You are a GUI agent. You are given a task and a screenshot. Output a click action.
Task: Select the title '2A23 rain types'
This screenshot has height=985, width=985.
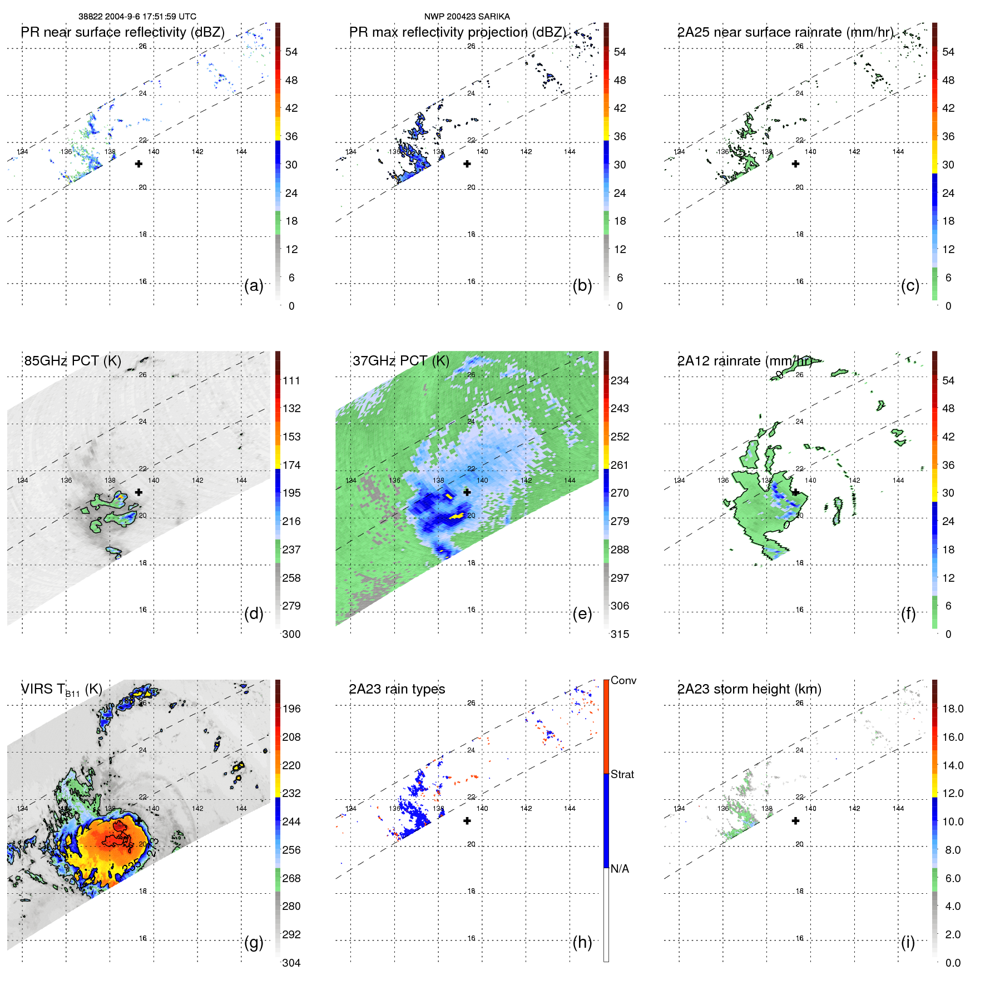(397, 689)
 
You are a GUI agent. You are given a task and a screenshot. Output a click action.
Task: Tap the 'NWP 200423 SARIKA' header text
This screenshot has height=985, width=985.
(467, 17)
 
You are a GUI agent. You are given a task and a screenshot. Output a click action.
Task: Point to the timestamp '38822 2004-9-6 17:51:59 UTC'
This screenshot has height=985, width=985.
(137, 17)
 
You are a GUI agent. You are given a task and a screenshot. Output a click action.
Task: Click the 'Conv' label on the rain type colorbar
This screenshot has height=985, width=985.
(623, 680)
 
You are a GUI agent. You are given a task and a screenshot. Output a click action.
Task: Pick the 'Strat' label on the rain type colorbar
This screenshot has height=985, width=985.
(622, 774)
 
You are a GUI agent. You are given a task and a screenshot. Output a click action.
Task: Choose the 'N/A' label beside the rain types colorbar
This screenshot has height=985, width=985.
(620, 869)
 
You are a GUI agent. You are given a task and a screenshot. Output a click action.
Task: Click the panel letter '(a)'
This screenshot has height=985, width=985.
(254, 285)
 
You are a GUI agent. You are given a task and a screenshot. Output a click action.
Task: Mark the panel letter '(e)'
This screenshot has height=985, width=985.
(582, 613)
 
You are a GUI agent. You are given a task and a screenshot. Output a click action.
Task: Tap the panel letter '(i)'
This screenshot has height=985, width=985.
(908, 942)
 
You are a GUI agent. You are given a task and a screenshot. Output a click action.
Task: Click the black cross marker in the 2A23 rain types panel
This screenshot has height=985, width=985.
(467, 820)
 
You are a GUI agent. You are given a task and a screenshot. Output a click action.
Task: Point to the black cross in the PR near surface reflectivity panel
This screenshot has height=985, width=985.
(138, 164)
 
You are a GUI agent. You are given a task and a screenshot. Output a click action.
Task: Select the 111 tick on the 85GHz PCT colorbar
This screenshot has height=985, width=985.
(291, 380)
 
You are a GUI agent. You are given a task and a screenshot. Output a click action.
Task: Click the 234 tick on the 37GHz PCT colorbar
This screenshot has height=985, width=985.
(620, 380)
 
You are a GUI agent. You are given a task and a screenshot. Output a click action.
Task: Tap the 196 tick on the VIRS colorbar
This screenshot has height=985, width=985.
(291, 709)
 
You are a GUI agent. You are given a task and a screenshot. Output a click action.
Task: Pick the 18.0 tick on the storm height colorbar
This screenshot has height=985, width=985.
(952, 709)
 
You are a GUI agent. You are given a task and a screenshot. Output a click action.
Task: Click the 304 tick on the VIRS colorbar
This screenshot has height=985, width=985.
(291, 963)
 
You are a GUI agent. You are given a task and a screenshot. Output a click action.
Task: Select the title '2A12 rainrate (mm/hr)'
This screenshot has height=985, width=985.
(744, 360)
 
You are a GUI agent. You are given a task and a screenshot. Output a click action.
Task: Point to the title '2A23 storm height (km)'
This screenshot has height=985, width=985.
(749, 689)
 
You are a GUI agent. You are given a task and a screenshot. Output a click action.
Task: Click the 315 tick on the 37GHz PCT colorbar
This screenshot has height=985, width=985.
(620, 634)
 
